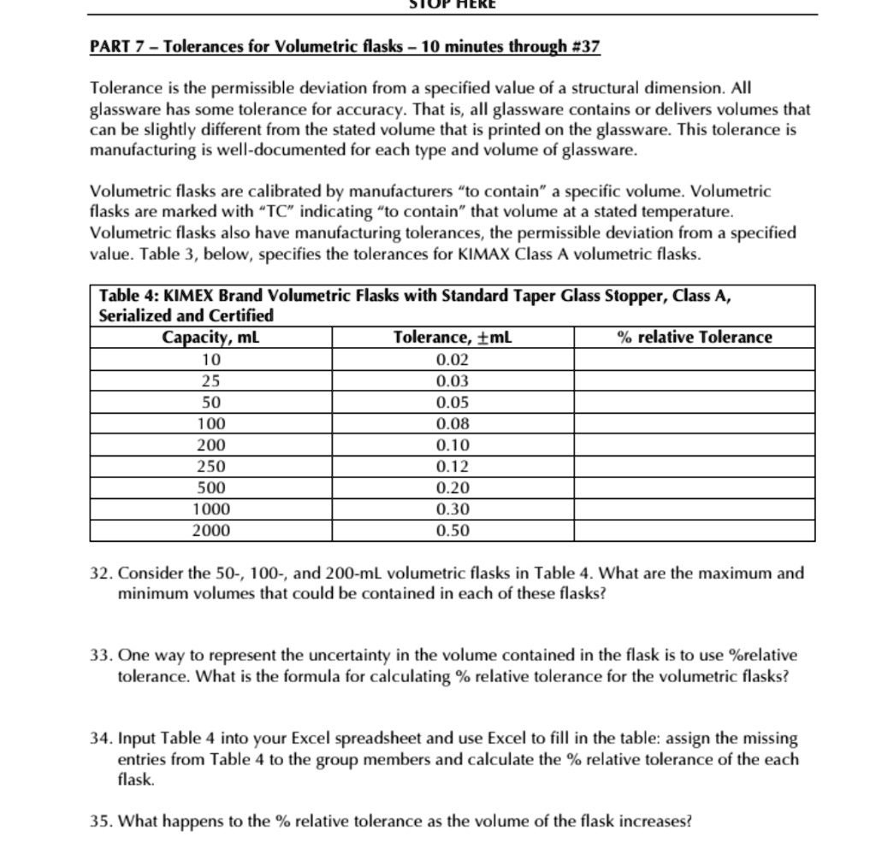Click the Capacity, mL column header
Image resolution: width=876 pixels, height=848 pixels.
(x=210, y=338)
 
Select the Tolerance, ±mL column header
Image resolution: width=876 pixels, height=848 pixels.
(x=453, y=338)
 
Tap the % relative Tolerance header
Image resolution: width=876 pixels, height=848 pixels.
(x=694, y=338)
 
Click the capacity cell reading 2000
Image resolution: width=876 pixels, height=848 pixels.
(x=210, y=531)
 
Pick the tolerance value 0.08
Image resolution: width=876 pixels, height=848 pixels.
(x=453, y=424)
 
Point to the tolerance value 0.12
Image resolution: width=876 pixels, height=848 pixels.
(x=453, y=467)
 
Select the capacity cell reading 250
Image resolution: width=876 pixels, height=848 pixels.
(x=210, y=467)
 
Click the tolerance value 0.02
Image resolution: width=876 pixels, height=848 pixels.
(x=453, y=359)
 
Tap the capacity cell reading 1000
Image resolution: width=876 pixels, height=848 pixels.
(x=210, y=509)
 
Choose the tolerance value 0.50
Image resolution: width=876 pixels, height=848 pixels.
(x=453, y=531)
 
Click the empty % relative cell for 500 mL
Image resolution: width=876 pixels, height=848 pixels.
(x=694, y=488)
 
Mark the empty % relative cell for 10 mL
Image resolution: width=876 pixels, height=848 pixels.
(x=694, y=359)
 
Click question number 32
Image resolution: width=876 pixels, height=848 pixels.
(x=100, y=574)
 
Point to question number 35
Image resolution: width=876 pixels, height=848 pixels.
(x=100, y=822)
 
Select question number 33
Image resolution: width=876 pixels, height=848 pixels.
(x=100, y=657)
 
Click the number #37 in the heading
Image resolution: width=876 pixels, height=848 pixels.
(x=582, y=45)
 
